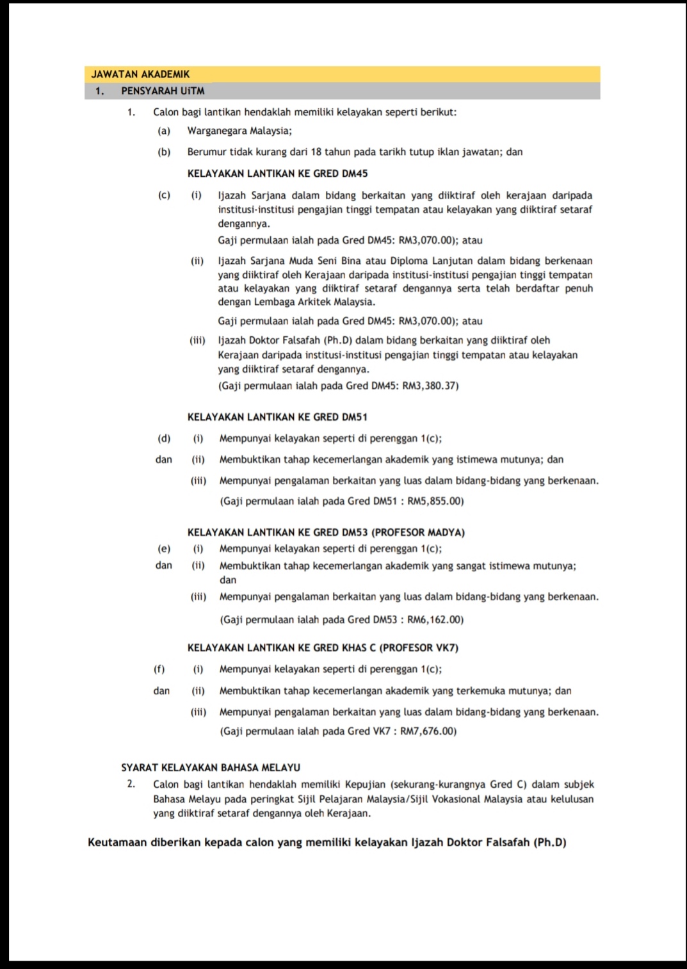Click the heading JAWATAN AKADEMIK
tap(140, 74)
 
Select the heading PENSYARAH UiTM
tap(163, 91)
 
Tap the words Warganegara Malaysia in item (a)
tap(239, 131)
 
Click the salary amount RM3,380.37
tap(430, 386)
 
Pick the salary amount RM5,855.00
tap(435, 501)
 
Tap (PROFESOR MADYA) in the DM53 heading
tap(418, 532)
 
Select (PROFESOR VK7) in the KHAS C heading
tap(419, 647)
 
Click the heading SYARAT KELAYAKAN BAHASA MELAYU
tap(211, 767)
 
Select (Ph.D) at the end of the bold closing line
tap(550, 842)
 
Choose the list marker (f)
tap(159, 669)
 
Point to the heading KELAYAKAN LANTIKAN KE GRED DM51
tap(277, 417)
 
